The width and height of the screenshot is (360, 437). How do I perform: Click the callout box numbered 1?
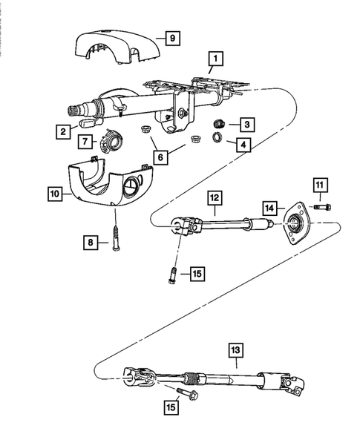coord(214,56)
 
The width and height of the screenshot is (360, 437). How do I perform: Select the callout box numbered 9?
coord(172,36)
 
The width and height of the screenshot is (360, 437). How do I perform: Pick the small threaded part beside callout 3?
coord(220,123)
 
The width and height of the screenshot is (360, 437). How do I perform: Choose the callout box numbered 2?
coord(65,131)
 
